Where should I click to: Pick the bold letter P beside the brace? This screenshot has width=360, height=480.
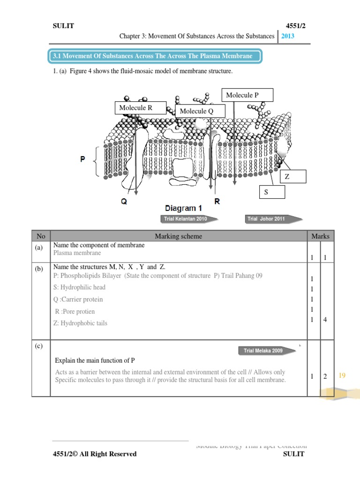[82, 159]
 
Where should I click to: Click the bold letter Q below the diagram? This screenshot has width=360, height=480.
[124, 202]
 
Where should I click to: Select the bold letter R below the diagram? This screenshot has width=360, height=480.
[217, 202]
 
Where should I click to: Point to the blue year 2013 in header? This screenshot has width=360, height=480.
[288, 36]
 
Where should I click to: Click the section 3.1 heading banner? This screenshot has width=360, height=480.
[155, 56]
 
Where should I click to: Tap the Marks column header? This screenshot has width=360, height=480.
[320, 236]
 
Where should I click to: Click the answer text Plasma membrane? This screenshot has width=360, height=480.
[77, 253]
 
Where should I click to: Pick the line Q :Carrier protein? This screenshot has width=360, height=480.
[78, 300]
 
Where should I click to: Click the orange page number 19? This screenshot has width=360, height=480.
[342, 375]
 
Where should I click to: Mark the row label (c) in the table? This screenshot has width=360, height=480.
[38, 346]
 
